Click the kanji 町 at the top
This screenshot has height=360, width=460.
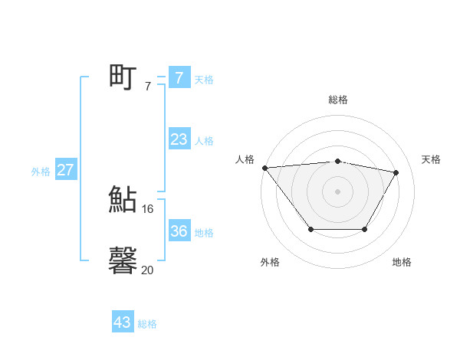tap(123, 77)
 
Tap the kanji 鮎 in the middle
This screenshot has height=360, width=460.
tap(123, 200)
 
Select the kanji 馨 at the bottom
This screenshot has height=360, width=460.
tap(123, 260)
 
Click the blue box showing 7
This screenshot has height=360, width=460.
tap(179, 77)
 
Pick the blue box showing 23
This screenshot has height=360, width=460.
tap(179, 139)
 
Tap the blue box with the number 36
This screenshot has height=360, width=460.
tap(179, 231)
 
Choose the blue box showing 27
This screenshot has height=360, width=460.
tap(65, 170)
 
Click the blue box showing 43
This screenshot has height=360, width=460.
tap(123, 322)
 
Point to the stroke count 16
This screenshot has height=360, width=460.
tap(148, 208)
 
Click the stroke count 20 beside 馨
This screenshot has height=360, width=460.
tap(148, 270)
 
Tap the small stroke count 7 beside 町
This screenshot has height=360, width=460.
tap(148, 87)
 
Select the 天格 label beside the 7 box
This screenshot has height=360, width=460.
tap(204, 80)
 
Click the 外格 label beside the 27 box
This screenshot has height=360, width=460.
tap(41, 172)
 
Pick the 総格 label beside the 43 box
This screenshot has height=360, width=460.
tap(147, 324)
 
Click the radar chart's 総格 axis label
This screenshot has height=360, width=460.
tap(338, 100)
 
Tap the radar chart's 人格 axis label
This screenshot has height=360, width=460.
tap(245, 159)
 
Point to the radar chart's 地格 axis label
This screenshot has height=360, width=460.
tap(402, 262)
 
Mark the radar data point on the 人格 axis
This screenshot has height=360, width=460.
tap(264, 168)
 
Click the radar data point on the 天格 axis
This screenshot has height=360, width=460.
tap(396, 173)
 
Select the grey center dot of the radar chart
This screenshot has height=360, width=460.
tap(337, 191)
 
